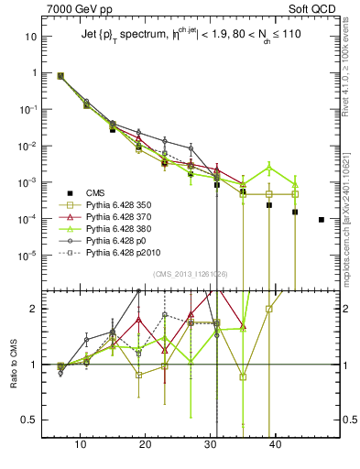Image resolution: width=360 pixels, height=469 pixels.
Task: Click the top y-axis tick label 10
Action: point(31,37)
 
